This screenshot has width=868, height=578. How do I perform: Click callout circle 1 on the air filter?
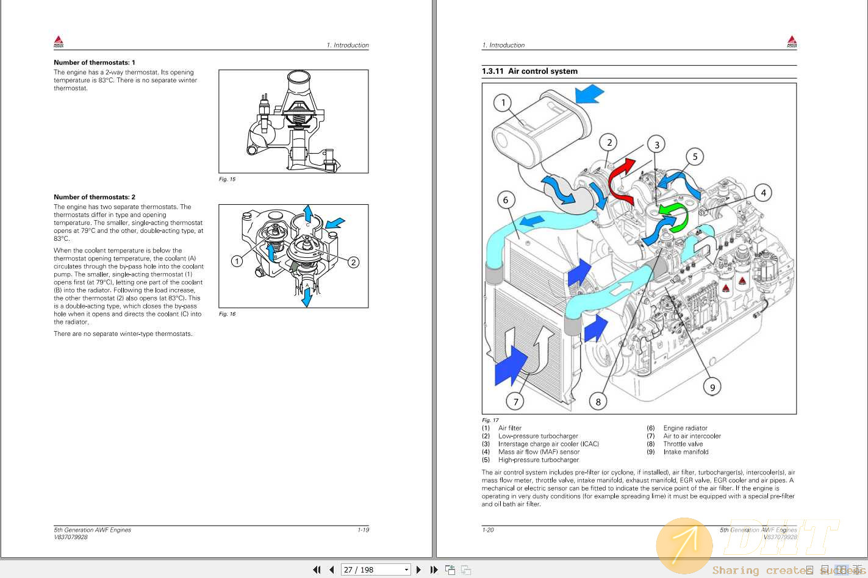(x=503, y=102)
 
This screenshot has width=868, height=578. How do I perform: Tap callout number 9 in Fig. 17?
(x=712, y=387)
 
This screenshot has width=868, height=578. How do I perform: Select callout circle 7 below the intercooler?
(x=516, y=401)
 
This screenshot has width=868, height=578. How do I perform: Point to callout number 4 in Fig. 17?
(x=763, y=193)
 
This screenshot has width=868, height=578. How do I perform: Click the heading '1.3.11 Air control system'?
(x=529, y=71)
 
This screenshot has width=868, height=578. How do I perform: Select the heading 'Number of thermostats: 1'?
(x=95, y=62)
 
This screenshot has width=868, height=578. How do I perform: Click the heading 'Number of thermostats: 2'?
(x=95, y=197)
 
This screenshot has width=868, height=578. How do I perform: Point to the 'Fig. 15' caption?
(x=227, y=179)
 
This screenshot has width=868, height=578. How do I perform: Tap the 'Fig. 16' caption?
(x=227, y=314)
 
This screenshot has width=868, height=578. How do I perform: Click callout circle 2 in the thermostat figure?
(x=353, y=262)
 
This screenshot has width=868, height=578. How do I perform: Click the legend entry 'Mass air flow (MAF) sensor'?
(x=539, y=452)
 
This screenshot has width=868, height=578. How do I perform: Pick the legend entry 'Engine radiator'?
(x=685, y=428)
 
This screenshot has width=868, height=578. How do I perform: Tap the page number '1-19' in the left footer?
(x=363, y=530)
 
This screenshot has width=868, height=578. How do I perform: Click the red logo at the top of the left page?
(x=59, y=41)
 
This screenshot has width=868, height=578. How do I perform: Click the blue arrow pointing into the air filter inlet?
(x=589, y=95)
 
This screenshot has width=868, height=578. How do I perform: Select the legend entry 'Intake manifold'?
(x=686, y=452)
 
